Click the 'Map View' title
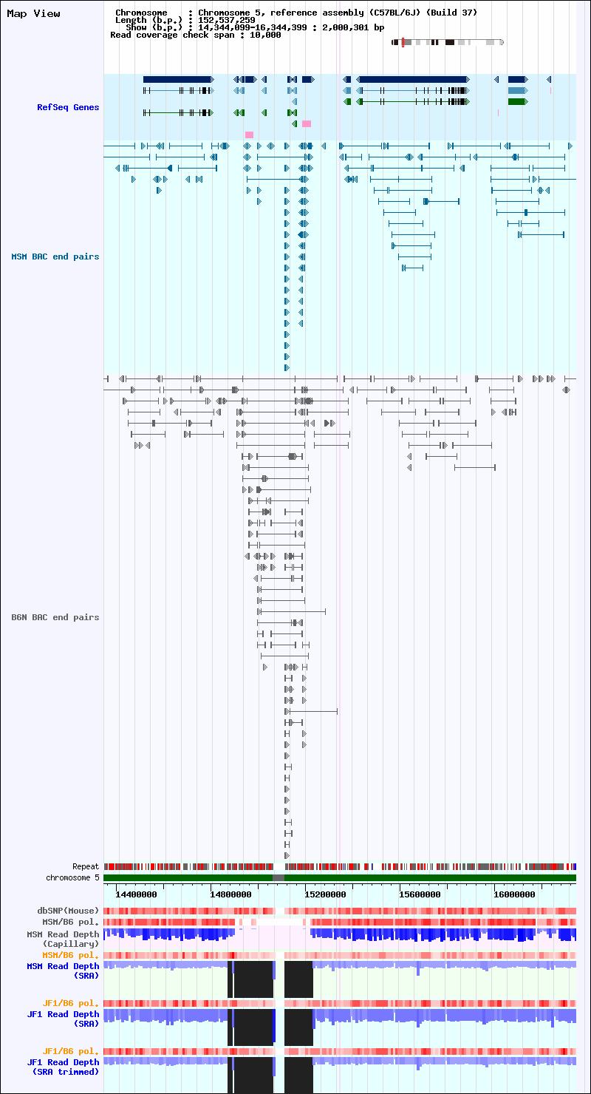tap(33, 13)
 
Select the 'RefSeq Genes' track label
tap(68, 107)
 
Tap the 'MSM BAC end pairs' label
tap(55, 257)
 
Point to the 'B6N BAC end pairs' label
tap(55, 617)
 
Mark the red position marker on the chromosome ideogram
tap(403, 42)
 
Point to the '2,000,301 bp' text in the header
tap(353, 27)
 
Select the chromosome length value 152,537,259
tap(227, 20)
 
